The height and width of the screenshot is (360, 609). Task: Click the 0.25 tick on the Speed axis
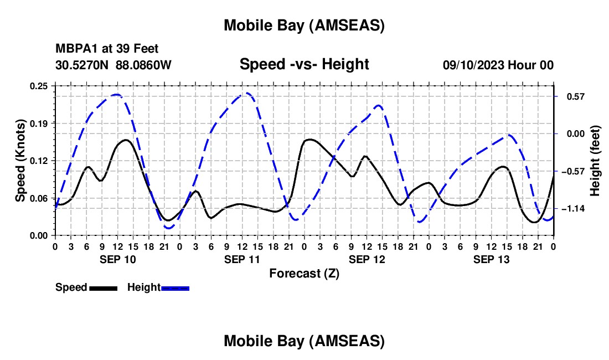tap(40, 86)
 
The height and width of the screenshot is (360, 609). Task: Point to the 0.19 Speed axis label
tap(40, 123)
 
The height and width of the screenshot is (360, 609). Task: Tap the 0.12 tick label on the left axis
tap(40, 161)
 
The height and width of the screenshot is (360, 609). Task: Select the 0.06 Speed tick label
tap(40, 198)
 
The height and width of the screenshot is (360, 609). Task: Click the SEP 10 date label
tap(117, 259)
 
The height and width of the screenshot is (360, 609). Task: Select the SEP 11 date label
tap(242, 259)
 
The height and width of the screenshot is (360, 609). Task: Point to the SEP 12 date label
tap(367, 259)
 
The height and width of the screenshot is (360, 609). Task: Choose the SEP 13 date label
tap(491, 259)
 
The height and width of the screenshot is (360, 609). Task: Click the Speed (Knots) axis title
tap(20, 161)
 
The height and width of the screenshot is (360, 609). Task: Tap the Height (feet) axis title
tap(595, 161)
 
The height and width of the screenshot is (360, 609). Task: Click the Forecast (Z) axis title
tap(304, 273)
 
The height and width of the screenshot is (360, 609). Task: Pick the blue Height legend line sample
tap(176, 288)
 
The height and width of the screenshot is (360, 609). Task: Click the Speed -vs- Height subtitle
tap(304, 64)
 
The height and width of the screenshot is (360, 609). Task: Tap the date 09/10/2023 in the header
tap(473, 65)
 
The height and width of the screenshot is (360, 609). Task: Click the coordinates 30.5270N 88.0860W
tap(113, 65)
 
